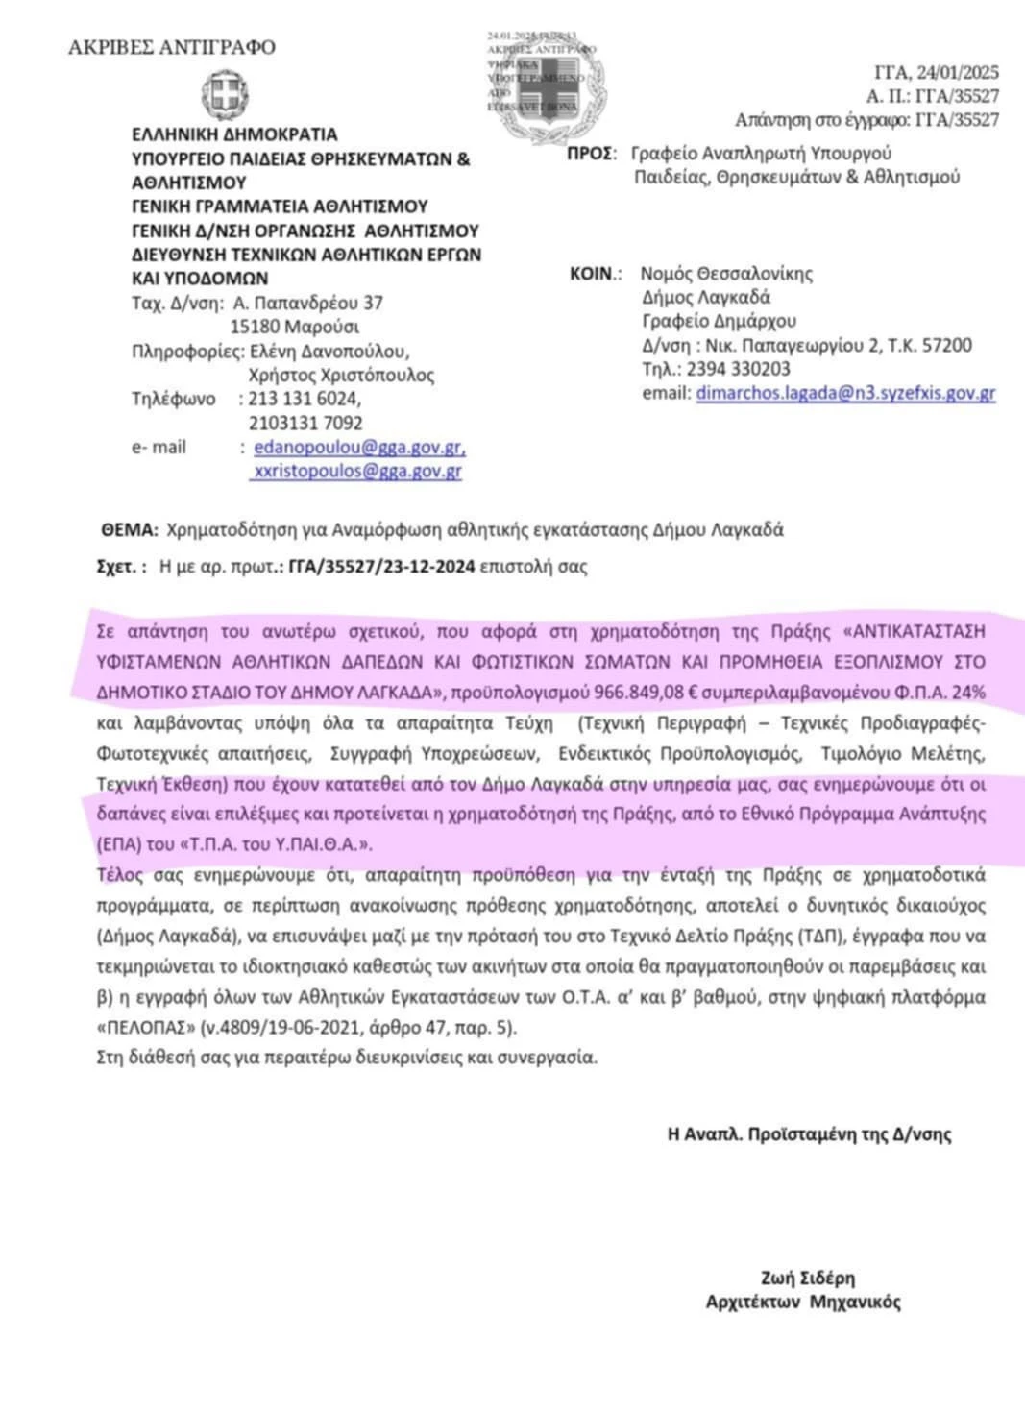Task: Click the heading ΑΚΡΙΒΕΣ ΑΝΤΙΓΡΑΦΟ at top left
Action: [172, 47]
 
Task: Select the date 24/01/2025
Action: [957, 72]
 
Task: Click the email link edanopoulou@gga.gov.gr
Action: [359, 448]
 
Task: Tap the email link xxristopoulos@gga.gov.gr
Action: [356, 471]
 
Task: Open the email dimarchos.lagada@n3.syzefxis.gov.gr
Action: [845, 393]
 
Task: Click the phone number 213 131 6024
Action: [304, 399]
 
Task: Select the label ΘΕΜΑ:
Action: [129, 529]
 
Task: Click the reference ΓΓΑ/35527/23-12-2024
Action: [381, 567]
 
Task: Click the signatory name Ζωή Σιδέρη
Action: [807, 1278]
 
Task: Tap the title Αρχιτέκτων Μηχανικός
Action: [803, 1303]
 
